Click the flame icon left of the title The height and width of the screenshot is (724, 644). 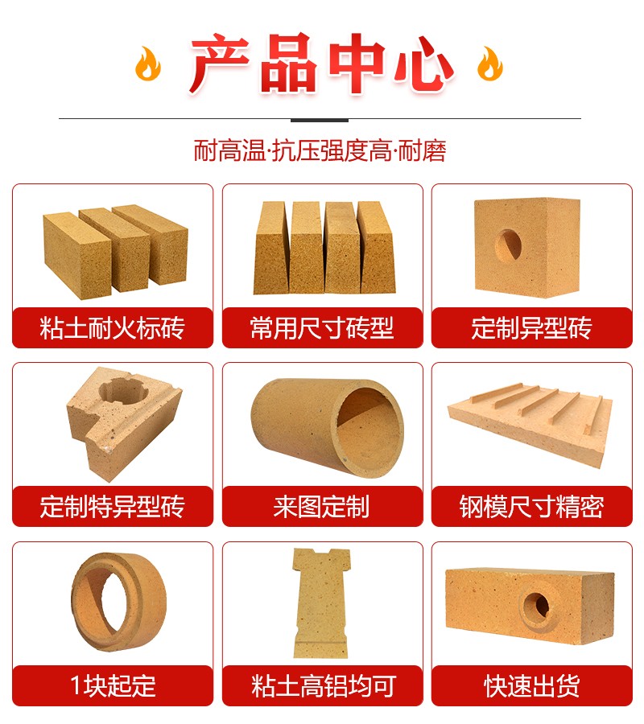click(148, 64)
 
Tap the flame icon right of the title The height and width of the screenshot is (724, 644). click(489, 64)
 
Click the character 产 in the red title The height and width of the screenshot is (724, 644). click(220, 64)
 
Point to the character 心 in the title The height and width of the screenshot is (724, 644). click(423, 64)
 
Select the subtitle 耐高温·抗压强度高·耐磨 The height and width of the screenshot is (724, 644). click(320, 151)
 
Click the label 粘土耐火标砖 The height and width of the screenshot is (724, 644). click(112, 328)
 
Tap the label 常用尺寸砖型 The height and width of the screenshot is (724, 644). click(322, 328)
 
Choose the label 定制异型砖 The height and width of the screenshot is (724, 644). click(532, 328)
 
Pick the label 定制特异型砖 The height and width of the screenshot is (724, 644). click(112, 507)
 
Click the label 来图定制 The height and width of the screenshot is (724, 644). click(322, 507)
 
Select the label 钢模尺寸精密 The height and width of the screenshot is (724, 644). click(532, 507)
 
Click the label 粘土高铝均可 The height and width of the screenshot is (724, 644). click(322, 685)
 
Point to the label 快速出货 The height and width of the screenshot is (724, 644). click(532, 685)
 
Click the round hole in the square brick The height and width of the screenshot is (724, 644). click(508, 245)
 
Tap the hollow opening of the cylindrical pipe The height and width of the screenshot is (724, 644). click(369, 425)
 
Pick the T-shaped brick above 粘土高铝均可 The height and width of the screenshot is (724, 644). click(322, 603)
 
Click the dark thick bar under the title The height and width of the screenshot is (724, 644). click(320, 120)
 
